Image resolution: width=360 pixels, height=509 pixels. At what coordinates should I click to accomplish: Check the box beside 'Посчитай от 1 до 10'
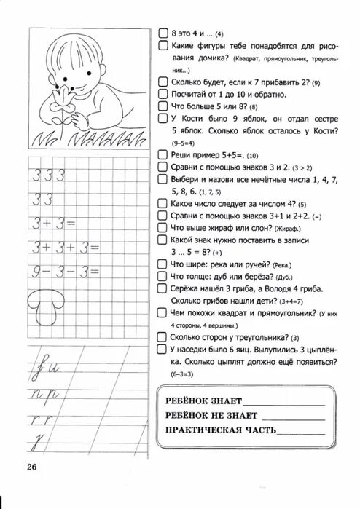pyautogui.click(x=163, y=94)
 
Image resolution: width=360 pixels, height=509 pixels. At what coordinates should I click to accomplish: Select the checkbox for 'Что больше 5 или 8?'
pyautogui.click(x=163, y=106)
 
